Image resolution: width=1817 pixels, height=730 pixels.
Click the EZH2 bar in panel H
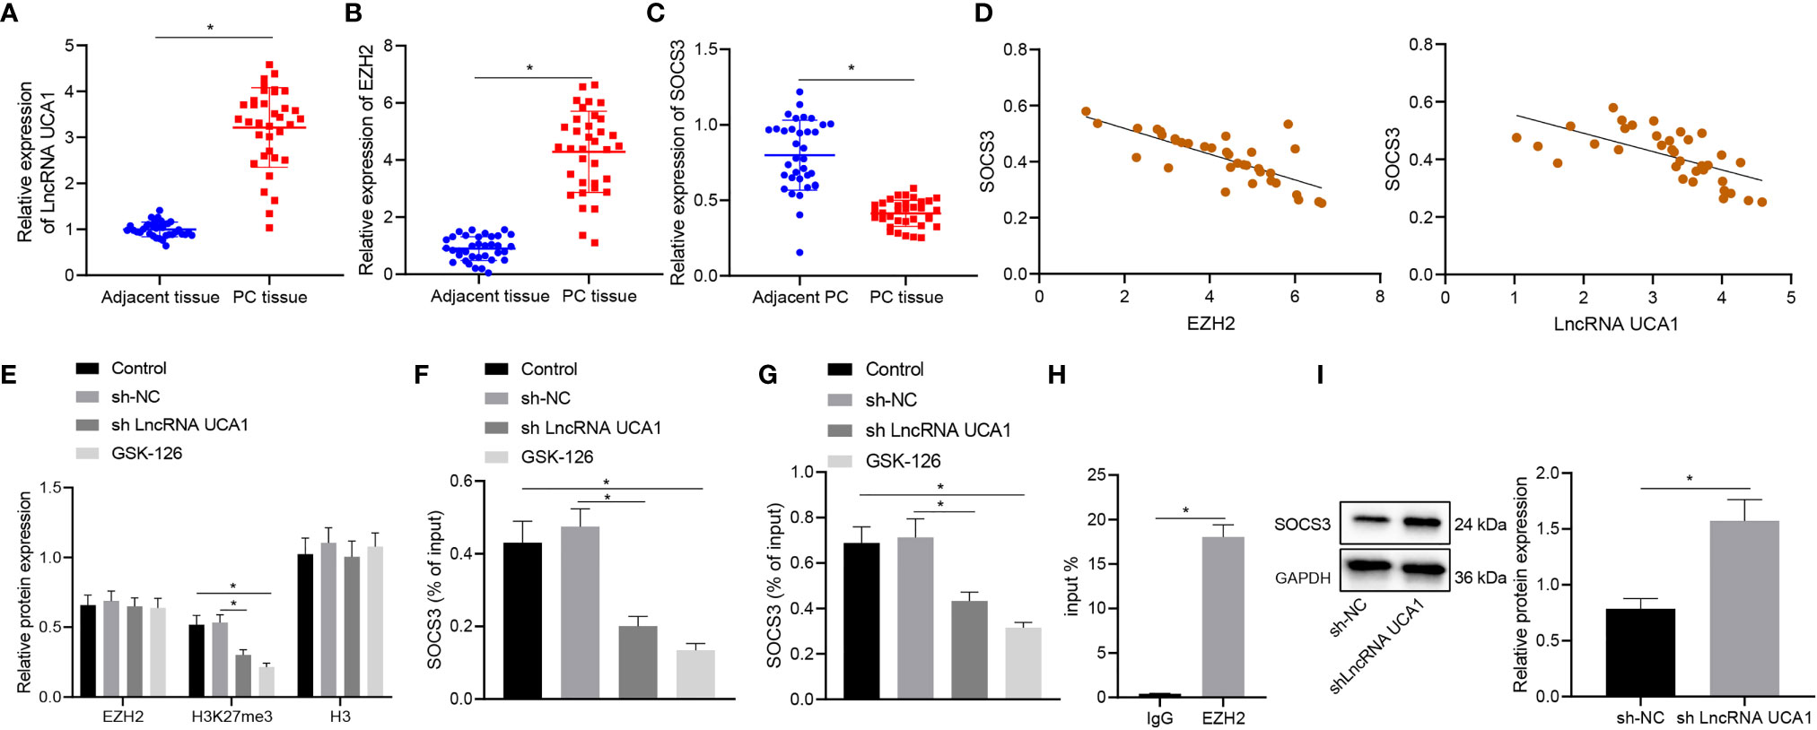(1223, 617)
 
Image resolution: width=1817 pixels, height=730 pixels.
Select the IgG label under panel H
(1159, 718)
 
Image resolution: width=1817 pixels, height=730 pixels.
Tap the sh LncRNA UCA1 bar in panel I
(1744, 608)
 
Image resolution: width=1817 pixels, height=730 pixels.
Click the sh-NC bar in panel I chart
(1640, 652)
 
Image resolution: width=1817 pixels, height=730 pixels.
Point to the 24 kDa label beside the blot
(1481, 525)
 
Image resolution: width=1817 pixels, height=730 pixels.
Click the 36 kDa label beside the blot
(1481, 578)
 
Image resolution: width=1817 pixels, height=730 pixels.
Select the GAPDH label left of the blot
(1303, 578)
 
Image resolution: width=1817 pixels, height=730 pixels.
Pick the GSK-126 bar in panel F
(695, 674)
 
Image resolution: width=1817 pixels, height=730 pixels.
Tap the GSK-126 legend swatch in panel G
(840, 461)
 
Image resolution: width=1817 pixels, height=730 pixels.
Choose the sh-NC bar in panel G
(915, 618)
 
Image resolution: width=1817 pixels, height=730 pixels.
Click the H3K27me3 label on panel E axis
(231, 717)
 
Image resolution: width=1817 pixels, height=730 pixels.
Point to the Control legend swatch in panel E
(88, 369)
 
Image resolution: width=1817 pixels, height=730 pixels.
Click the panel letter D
(983, 13)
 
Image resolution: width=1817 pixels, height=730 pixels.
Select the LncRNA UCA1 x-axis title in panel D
(1616, 324)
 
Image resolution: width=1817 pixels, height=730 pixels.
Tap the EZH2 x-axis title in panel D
(1210, 324)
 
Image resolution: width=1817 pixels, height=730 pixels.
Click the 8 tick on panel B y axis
(389, 45)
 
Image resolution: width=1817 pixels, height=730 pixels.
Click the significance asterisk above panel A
(211, 28)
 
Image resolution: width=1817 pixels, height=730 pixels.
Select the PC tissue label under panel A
(270, 297)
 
